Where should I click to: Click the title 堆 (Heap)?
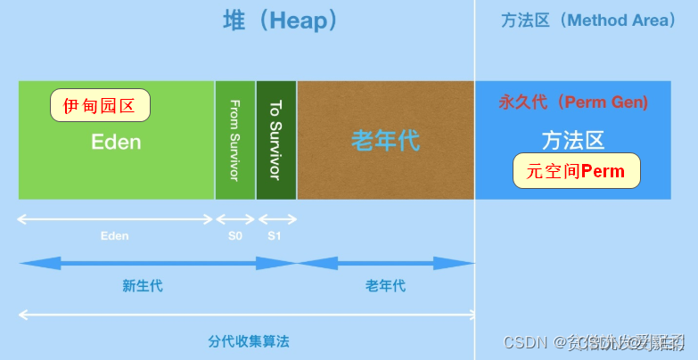(x=280, y=21)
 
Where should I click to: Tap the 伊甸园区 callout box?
(x=99, y=106)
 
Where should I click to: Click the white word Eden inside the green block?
(x=116, y=142)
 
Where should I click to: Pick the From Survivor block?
(x=235, y=140)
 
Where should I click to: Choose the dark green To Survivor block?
(x=276, y=140)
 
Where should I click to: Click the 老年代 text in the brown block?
(x=385, y=140)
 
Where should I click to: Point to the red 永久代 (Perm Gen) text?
(x=573, y=102)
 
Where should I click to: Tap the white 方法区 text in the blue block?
(x=573, y=140)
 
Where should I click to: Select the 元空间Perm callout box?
(x=576, y=170)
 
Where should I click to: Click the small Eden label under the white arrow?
(x=114, y=236)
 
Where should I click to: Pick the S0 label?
(x=235, y=236)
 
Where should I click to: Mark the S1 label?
(x=275, y=236)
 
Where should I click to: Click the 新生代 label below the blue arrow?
(x=143, y=286)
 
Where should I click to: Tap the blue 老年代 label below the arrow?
(x=385, y=286)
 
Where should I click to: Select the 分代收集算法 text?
(x=249, y=341)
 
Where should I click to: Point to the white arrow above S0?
(x=235, y=219)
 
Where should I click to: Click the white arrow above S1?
(x=276, y=219)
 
